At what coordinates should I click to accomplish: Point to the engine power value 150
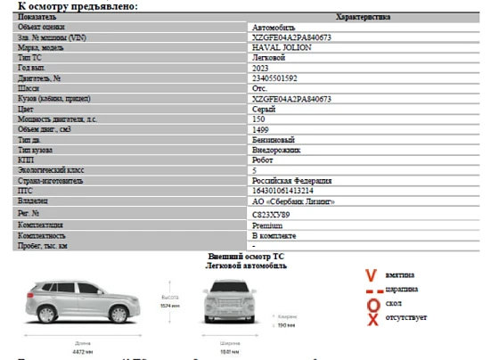259,119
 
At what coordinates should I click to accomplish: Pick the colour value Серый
264,109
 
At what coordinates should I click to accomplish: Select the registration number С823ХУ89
271,215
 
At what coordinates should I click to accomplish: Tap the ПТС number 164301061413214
283,191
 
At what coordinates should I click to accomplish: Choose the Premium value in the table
268,225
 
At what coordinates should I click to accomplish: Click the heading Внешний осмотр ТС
246,256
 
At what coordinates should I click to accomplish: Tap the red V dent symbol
372,275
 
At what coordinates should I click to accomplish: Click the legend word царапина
402,290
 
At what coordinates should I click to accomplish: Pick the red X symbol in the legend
372,319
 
